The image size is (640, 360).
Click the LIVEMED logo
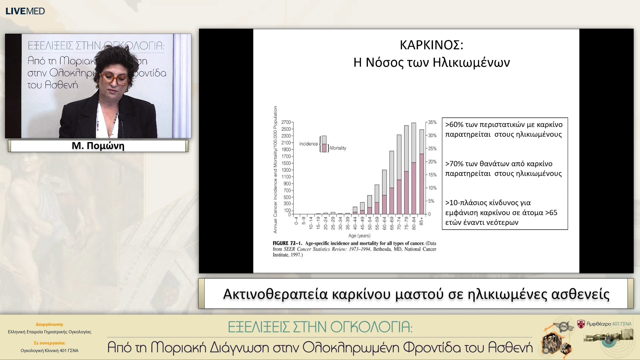[x=25, y=11]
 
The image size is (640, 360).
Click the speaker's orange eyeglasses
[x=114, y=79]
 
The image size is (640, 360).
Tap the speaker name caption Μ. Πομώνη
[x=98, y=146]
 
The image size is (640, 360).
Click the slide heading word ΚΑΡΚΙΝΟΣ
[x=431, y=45]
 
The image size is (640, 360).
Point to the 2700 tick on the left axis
[x=286, y=122]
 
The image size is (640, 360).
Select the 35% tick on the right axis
[x=432, y=122]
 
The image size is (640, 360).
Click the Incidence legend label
[x=308, y=144]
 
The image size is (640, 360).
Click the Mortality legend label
[x=338, y=148]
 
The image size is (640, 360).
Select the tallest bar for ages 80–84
[x=414, y=168]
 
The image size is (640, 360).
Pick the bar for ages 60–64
[x=384, y=192]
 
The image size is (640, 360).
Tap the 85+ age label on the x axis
[x=421, y=221]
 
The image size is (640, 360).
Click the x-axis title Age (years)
[x=359, y=236]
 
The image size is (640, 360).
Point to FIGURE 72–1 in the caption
[x=287, y=243]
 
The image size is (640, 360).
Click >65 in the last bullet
[x=551, y=213]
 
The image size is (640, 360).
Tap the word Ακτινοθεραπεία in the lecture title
[x=275, y=294]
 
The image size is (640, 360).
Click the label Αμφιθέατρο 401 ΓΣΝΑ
[x=609, y=324]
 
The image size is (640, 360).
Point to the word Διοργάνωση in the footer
[x=49, y=324]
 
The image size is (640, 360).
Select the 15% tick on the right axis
[x=432, y=175]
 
